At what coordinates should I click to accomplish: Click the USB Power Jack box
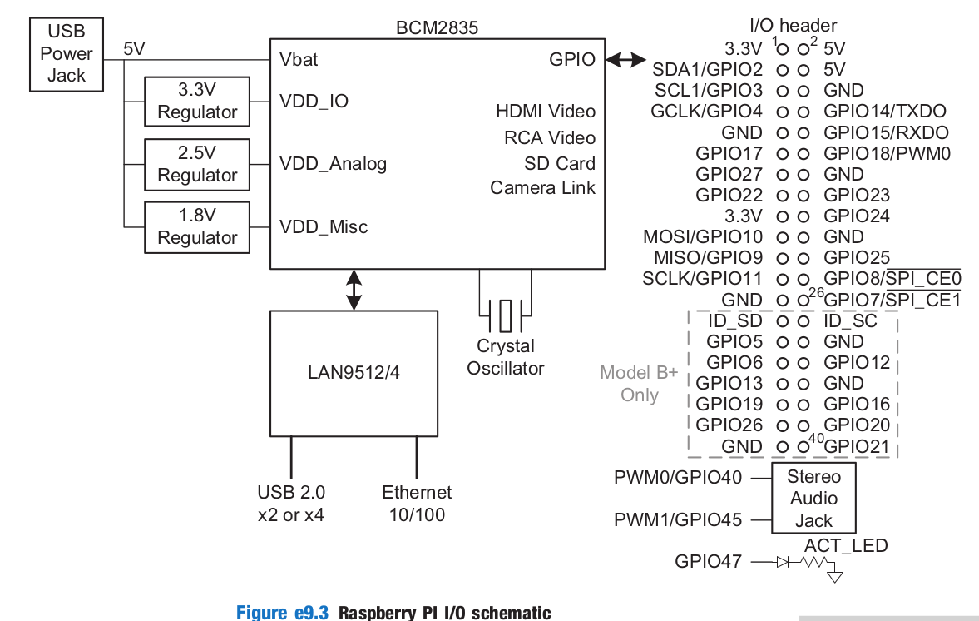point(66,54)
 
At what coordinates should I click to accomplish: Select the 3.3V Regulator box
point(197,102)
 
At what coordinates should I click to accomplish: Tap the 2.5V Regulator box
point(197,164)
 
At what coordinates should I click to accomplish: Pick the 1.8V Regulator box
point(197,226)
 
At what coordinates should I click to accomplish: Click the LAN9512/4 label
point(354,372)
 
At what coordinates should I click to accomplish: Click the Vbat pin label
point(299,60)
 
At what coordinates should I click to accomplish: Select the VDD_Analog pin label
point(333,163)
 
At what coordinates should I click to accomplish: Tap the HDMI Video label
point(546,112)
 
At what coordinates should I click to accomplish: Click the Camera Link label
point(542,188)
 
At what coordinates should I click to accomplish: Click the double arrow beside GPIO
point(625,60)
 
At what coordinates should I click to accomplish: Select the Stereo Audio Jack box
point(813,499)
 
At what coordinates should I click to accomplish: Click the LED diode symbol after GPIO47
point(783,562)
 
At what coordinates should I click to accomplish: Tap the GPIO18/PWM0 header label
point(887,153)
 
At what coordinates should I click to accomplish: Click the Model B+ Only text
point(639,384)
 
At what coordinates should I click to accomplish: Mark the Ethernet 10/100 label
point(417,504)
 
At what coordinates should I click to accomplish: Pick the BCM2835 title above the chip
point(437,28)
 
